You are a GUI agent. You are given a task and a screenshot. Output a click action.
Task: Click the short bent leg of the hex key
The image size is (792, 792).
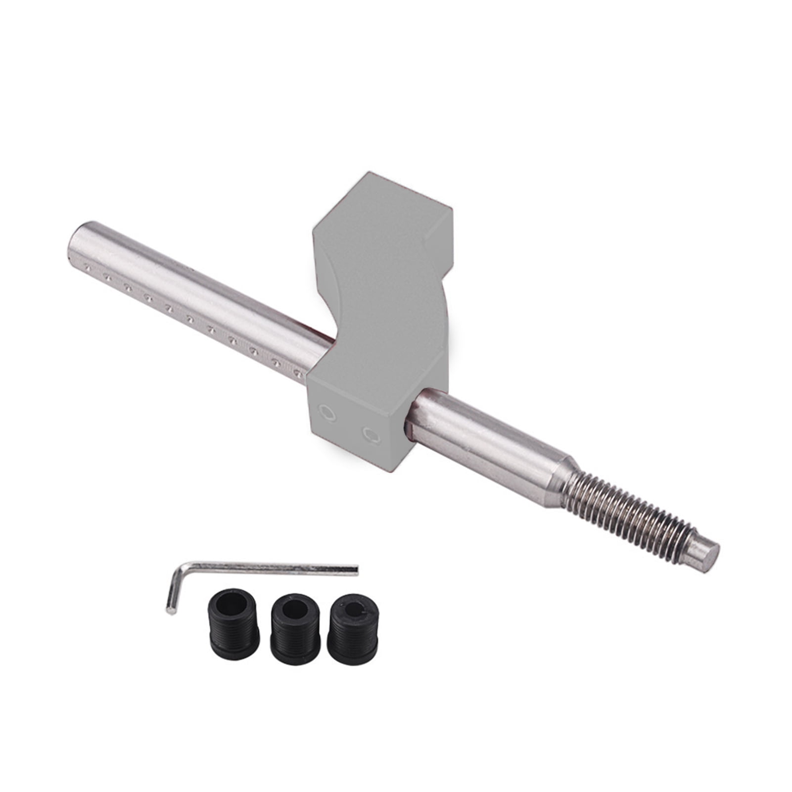[x=174, y=589]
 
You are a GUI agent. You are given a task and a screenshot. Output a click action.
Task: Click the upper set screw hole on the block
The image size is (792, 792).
[x=327, y=412]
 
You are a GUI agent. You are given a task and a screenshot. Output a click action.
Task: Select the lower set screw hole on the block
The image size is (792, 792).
[x=371, y=435]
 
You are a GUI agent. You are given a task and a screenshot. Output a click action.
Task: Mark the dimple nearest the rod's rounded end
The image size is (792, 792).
[x=88, y=268]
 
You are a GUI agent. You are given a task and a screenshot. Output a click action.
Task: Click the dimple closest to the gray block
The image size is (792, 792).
[x=298, y=373]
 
